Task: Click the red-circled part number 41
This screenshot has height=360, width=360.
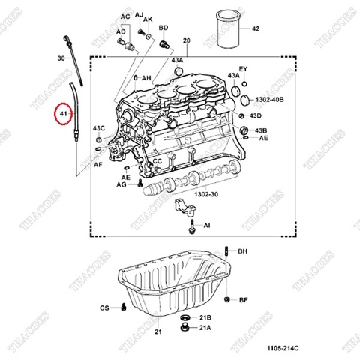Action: (64, 115)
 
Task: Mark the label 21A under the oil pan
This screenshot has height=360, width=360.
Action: (205, 328)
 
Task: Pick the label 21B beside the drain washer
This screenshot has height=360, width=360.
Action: (205, 318)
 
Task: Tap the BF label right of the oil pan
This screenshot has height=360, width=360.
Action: (243, 300)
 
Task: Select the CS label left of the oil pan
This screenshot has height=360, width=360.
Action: (104, 308)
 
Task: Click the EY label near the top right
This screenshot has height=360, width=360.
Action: (243, 68)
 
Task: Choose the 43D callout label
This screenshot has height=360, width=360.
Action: (256, 116)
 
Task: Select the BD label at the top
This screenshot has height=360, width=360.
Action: (163, 28)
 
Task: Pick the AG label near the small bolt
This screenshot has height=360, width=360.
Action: (122, 184)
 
